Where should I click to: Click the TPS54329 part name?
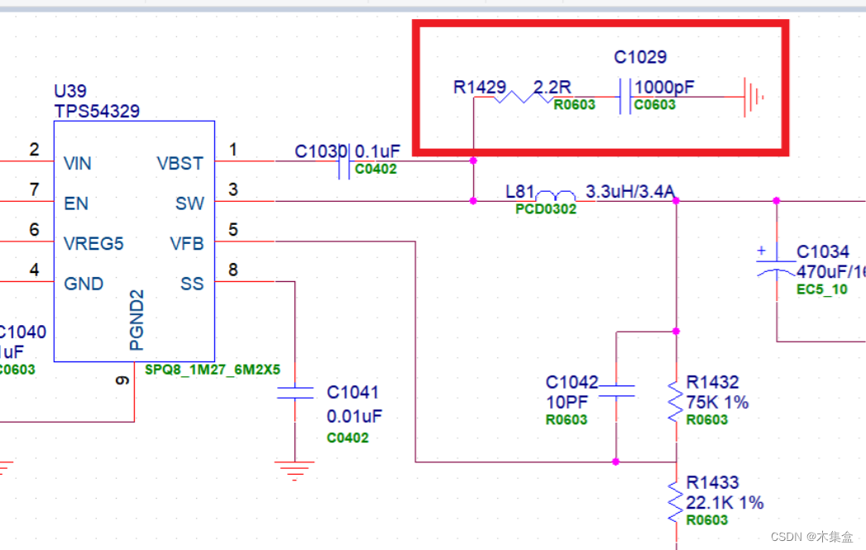click(96, 111)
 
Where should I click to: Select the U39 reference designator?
click(69, 91)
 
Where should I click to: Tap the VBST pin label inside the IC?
click(179, 164)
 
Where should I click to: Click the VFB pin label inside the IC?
click(186, 244)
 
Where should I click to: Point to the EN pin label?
click(76, 203)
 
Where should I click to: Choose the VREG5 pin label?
click(93, 244)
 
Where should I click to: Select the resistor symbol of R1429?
click(524, 97)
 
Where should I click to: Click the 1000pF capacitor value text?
click(665, 87)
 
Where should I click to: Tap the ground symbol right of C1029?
click(753, 97)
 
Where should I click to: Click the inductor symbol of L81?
click(556, 196)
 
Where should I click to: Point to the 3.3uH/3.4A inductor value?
click(630, 192)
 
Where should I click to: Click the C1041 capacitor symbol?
click(295, 392)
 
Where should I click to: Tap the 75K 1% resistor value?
click(717, 402)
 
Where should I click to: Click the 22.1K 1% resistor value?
click(725, 503)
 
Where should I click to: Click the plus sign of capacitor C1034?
click(762, 249)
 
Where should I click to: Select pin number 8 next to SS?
click(233, 270)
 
